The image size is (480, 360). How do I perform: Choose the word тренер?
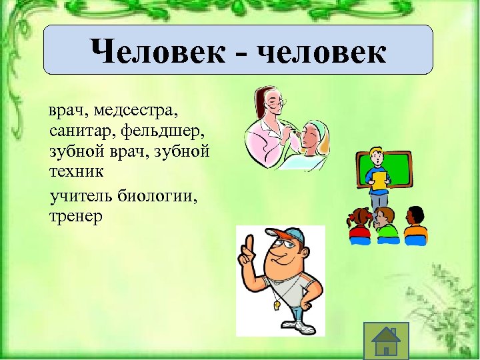[75, 217]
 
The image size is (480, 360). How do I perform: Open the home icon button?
[385, 341]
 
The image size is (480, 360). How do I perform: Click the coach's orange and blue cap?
[286, 236]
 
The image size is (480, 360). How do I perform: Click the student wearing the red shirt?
[359, 224]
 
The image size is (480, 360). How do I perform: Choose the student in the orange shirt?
[415, 224]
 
